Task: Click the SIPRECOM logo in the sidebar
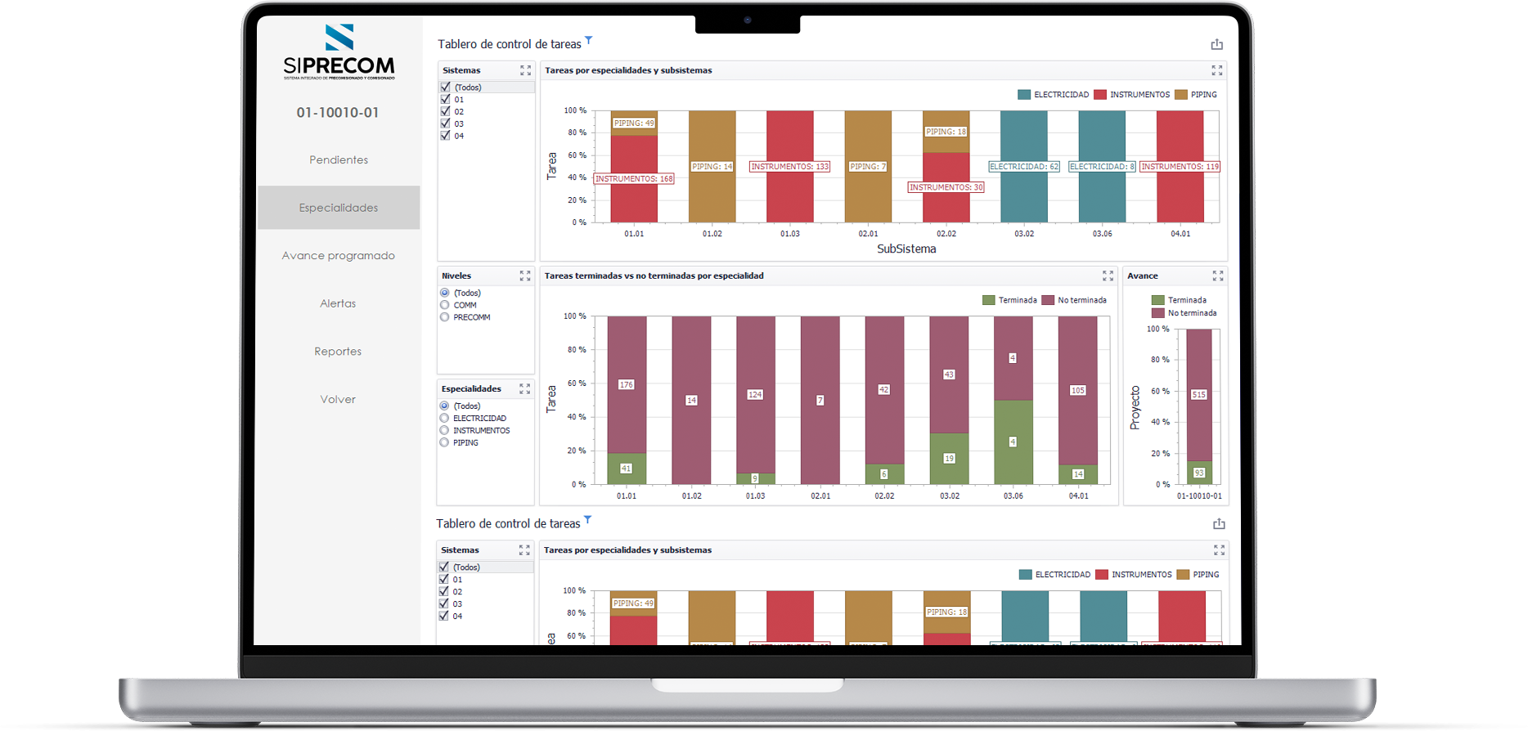point(339,52)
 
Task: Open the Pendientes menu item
point(339,160)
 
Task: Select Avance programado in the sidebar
point(339,256)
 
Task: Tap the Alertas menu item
point(338,304)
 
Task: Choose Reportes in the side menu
point(338,352)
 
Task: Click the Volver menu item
point(338,400)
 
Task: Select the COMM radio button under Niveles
point(445,305)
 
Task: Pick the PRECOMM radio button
point(445,317)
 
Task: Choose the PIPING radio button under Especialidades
point(445,442)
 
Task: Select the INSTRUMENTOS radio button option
point(445,430)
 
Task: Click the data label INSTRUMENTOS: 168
point(634,178)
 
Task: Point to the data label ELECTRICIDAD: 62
point(1024,167)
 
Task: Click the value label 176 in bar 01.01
point(627,384)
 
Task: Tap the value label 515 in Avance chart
point(1199,395)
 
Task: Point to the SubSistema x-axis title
point(906,249)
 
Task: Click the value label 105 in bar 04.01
point(1078,391)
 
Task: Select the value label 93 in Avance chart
point(1199,473)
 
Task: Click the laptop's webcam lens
point(748,20)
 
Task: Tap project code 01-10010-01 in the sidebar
point(338,113)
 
